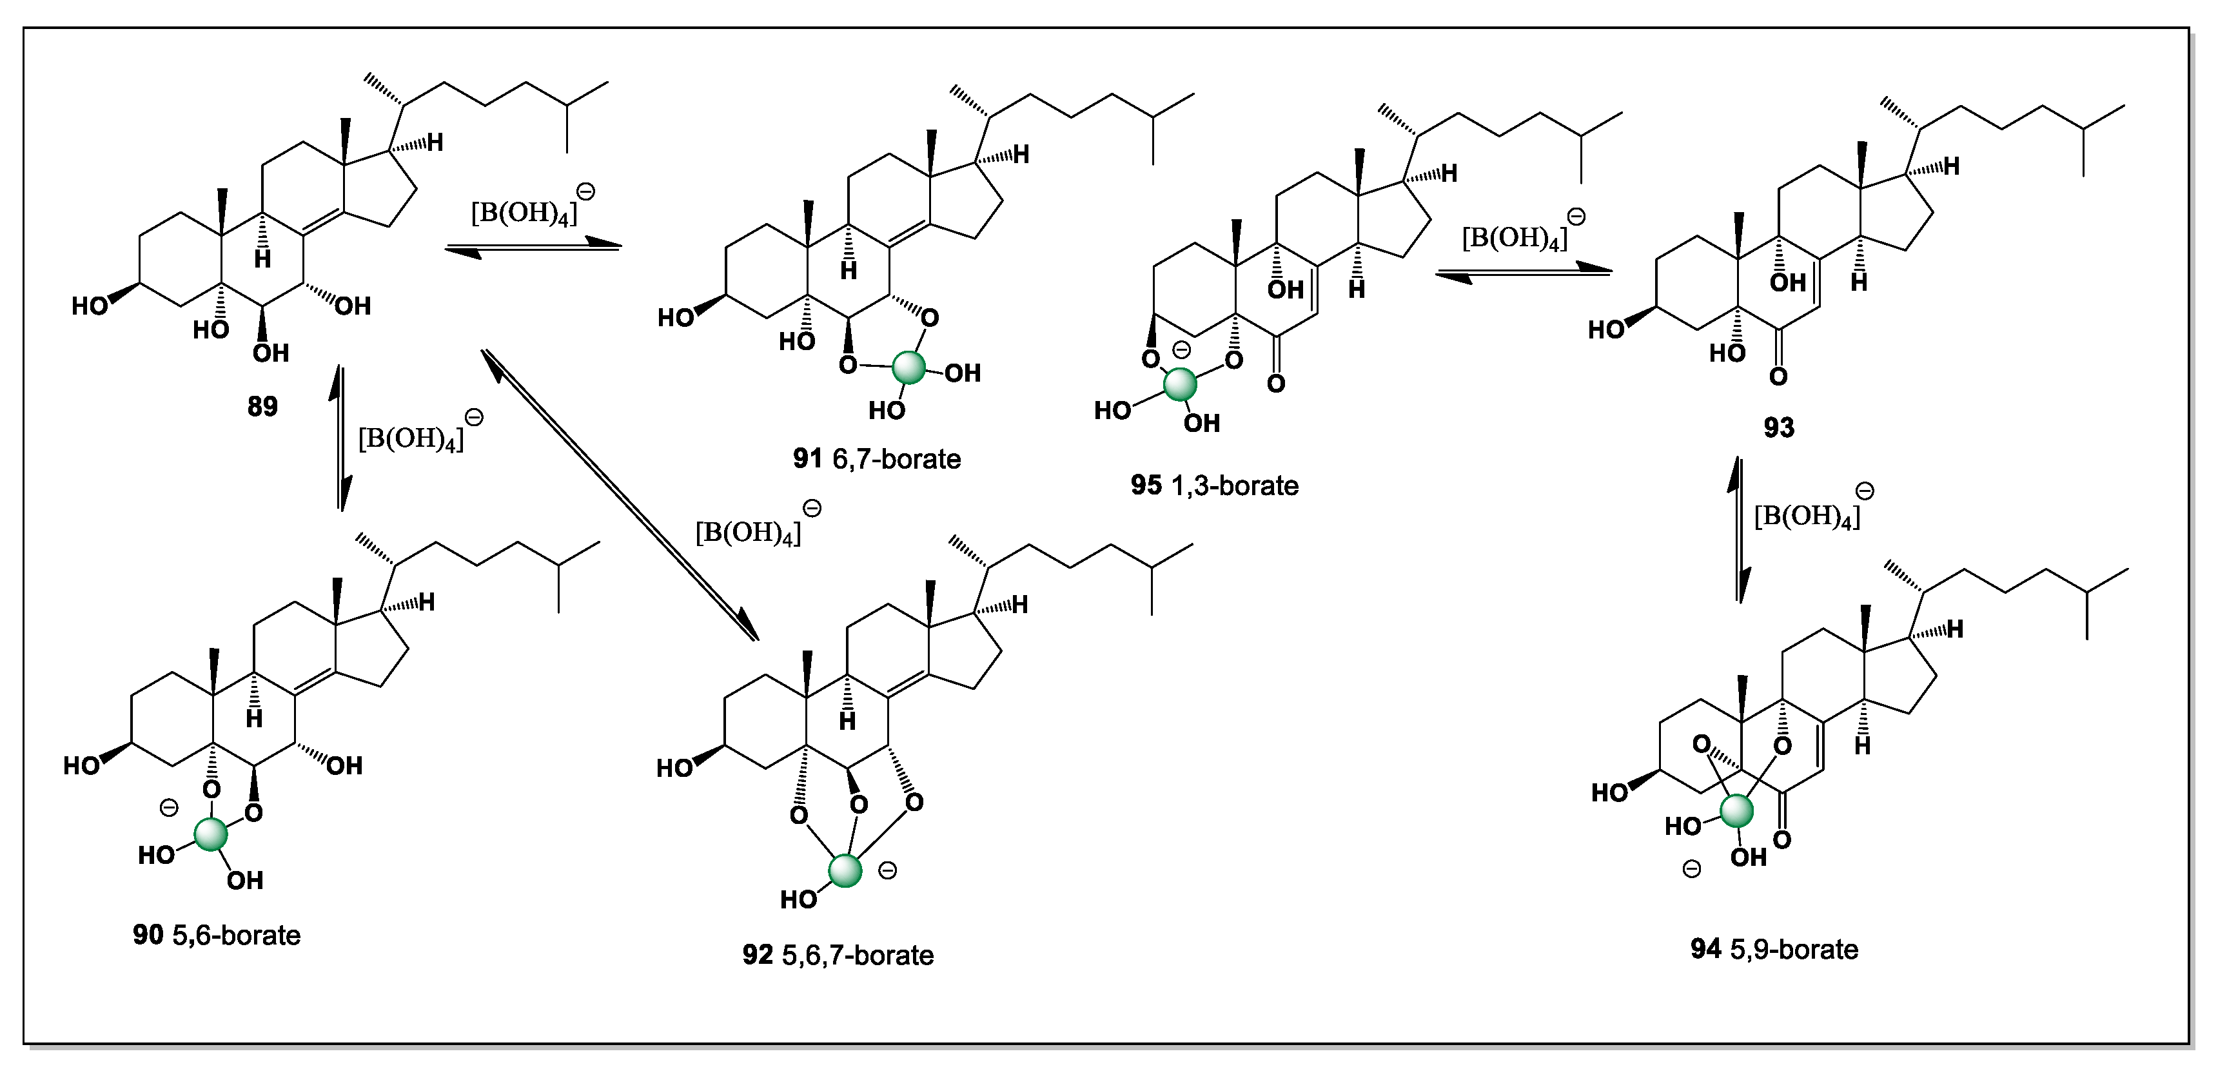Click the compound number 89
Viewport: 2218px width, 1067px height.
coord(262,406)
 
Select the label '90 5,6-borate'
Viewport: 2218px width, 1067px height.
coord(217,935)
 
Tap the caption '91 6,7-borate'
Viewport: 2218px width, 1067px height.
coord(876,459)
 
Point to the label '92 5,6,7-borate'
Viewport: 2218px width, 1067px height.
coord(838,955)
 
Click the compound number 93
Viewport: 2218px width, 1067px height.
coord(1779,428)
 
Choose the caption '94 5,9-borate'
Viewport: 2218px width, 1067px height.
coord(1774,949)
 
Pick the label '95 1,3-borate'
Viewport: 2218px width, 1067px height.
coord(1214,485)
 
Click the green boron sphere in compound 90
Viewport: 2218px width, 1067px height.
coord(211,834)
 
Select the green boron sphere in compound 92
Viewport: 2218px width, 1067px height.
coord(845,870)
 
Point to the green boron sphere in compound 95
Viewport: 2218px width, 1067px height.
coord(1180,384)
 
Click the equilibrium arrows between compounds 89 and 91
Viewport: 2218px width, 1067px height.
coord(533,248)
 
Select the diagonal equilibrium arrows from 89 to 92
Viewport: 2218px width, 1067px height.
coord(620,495)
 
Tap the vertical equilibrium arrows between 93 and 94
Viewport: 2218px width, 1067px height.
coord(1740,529)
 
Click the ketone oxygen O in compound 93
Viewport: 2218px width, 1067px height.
coord(1779,377)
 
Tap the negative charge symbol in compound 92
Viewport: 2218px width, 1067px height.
coord(887,870)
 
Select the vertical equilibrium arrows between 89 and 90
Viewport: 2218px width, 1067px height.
coord(342,438)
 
